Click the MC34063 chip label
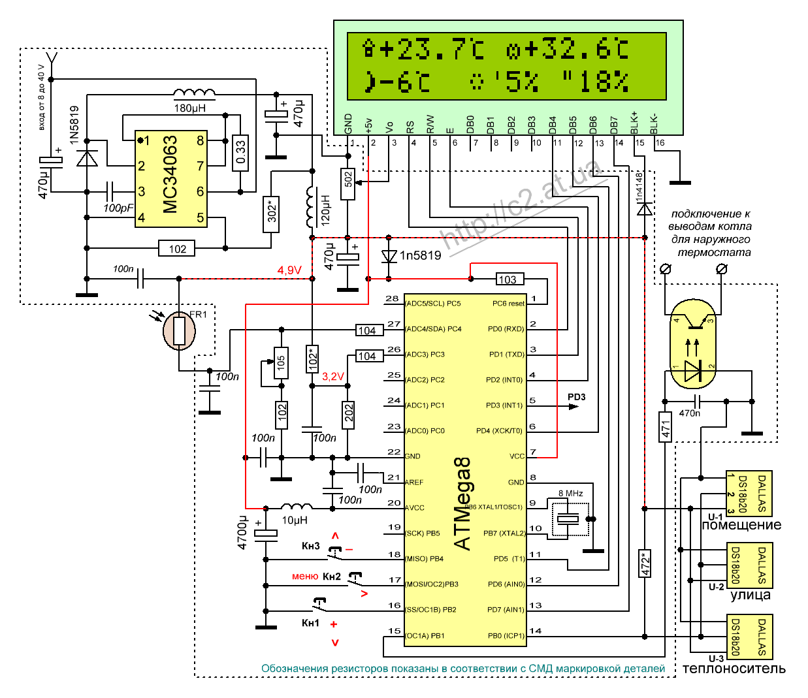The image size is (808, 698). (170, 174)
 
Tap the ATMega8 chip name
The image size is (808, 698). (462, 504)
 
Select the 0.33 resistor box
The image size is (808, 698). (240, 152)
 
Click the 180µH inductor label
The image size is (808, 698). (190, 108)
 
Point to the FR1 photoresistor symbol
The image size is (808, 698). (180, 331)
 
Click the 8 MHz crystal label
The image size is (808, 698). (570, 493)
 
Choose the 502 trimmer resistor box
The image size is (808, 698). (348, 179)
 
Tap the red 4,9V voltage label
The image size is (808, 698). (289, 270)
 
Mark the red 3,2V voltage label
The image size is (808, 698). (332, 377)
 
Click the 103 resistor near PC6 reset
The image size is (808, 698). (508, 279)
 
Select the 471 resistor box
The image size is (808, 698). (665, 427)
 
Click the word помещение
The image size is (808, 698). (741, 525)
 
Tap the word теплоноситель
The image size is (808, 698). (734, 668)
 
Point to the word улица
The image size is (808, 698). (750, 595)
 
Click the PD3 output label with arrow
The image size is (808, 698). (576, 397)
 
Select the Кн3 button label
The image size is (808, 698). (311, 546)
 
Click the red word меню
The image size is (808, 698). (305, 576)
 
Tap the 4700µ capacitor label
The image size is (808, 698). (242, 532)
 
